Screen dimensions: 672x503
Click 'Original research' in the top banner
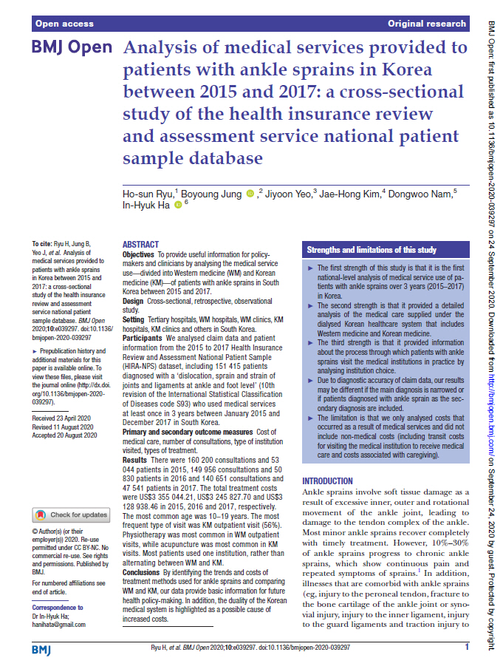428,24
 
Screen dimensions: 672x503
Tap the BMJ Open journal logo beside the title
72,49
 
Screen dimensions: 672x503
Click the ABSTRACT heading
140,245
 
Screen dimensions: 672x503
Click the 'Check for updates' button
72,515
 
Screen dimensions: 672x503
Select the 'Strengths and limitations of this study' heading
372,250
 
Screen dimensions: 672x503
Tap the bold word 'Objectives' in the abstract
139,254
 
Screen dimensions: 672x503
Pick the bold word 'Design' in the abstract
134,302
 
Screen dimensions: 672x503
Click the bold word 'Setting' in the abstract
134,319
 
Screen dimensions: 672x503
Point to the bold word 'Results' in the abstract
135,460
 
